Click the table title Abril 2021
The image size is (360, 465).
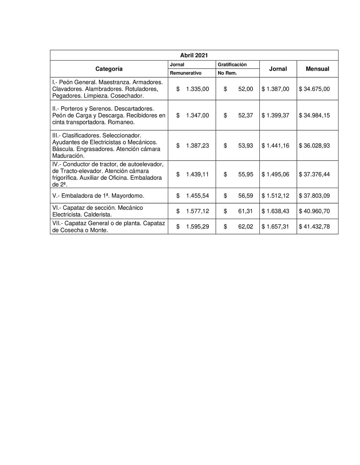(x=194, y=55)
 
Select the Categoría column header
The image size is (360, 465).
(x=109, y=69)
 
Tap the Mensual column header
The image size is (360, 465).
(x=317, y=69)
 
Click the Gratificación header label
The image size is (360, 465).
(x=232, y=65)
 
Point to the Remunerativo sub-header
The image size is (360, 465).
(x=186, y=73)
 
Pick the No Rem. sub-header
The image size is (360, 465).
(x=227, y=73)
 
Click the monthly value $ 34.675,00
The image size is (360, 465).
(x=314, y=89)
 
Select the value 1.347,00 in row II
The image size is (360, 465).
(x=197, y=115)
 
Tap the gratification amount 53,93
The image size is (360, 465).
(x=245, y=146)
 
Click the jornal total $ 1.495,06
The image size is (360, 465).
(x=275, y=174)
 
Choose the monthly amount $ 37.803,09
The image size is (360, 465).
(x=314, y=196)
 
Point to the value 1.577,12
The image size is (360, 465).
(x=197, y=211)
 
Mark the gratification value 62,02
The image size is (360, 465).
(x=245, y=226)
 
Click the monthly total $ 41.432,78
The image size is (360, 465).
(x=314, y=226)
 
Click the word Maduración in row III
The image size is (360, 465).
(x=68, y=156)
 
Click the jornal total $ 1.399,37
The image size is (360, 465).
(x=275, y=115)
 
